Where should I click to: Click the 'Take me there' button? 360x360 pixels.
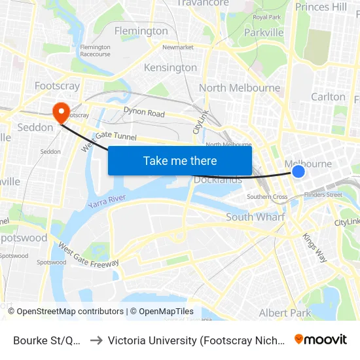pos(180,160)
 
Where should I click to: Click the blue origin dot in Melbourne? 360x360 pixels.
pos(298,171)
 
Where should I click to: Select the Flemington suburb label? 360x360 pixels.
pos(141,31)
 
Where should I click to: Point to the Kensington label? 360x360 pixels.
pos(170,67)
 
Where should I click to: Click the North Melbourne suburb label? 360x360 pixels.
pos(240,88)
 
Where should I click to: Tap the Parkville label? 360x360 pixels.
pos(264,32)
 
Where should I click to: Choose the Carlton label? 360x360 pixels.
pos(328,96)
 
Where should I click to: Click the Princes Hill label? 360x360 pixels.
pos(321,7)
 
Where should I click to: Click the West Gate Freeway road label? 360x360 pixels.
pos(88,254)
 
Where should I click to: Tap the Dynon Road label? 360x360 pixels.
pos(145,113)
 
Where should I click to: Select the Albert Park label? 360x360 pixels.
pos(285,313)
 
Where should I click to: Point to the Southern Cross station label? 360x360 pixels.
pos(267,197)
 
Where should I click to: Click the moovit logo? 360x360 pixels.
pos(321,340)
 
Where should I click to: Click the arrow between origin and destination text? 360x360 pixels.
pos(96,340)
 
